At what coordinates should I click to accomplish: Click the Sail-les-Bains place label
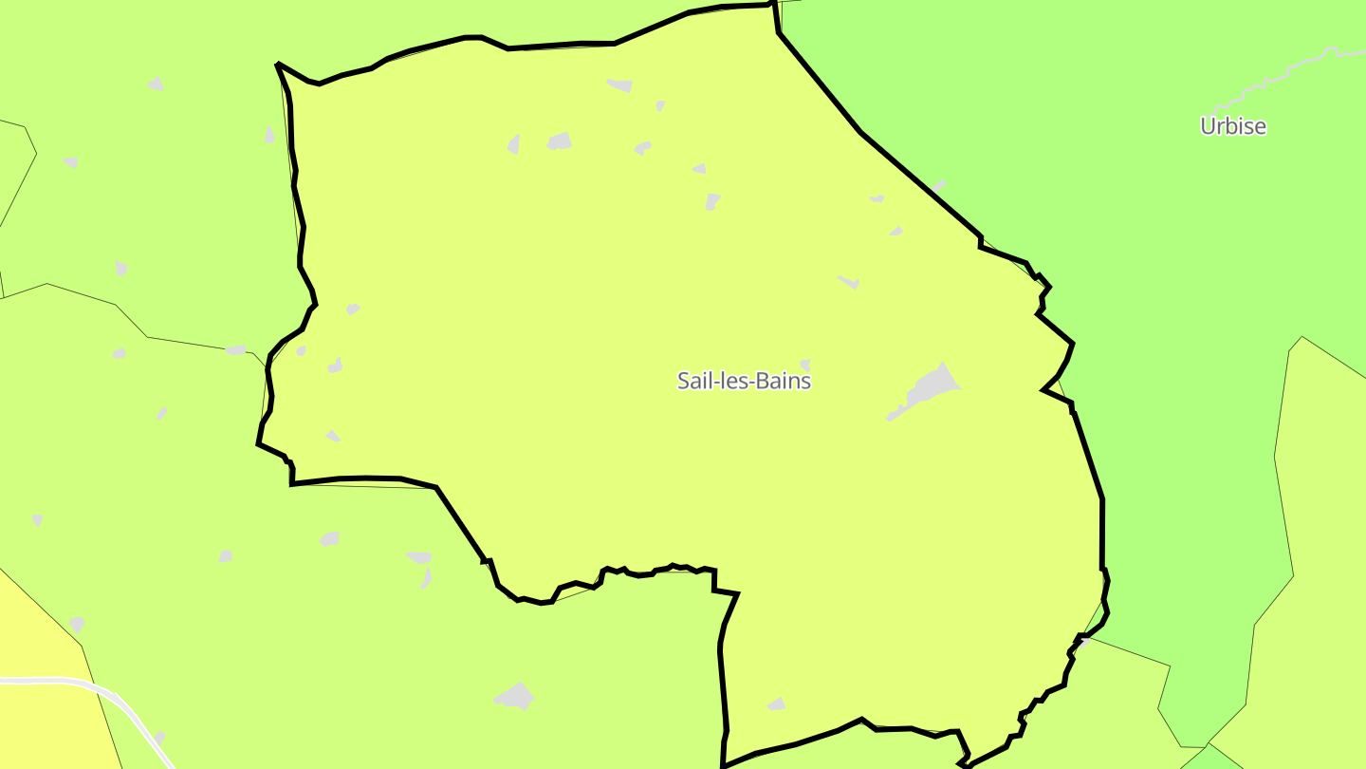pos(744,381)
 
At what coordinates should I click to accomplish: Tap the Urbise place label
pos(1232,126)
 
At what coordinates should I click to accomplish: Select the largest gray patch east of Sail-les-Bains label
pos(928,388)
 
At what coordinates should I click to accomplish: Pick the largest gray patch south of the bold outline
pos(515,696)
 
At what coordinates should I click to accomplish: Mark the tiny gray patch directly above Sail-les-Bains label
pos(805,365)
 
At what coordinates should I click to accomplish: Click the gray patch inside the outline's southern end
pos(777,704)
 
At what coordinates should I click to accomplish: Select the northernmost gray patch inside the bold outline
pos(620,85)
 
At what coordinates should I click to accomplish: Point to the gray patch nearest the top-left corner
pos(156,84)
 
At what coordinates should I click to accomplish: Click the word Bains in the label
pos(783,381)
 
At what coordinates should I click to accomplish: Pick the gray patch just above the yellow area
pos(77,624)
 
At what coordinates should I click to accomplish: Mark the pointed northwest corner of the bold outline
pos(278,65)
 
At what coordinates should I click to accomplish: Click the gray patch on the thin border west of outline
pos(235,350)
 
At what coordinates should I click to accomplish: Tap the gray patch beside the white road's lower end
pos(159,738)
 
